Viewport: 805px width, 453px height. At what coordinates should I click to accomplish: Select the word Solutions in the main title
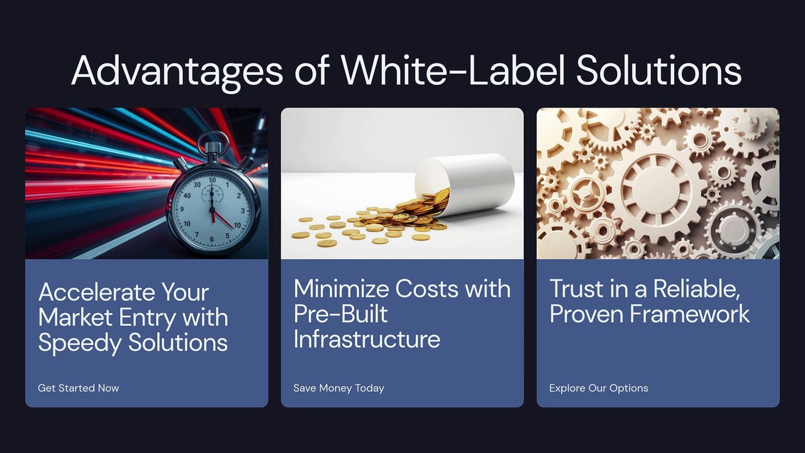pyautogui.click(x=658, y=69)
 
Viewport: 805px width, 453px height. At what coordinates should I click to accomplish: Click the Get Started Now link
pyautogui.click(x=79, y=388)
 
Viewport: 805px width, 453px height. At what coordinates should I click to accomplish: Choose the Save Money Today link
pyautogui.click(x=338, y=388)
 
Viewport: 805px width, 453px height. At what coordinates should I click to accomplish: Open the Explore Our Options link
pyautogui.click(x=599, y=388)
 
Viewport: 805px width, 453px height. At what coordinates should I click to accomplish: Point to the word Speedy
pyautogui.click(x=80, y=343)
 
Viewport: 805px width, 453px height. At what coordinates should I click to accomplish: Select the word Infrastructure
pyautogui.click(x=367, y=338)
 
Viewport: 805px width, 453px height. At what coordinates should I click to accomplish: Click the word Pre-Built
pyautogui.click(x=341, y=314)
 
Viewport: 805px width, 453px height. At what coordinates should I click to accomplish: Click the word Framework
pyautogui.click(x=690, y=314)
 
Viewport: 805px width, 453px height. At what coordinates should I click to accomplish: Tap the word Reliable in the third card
pyautogui.click(x=696, y=289)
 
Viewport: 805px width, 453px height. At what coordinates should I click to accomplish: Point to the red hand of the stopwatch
pyautogui.click(x=223, y=220)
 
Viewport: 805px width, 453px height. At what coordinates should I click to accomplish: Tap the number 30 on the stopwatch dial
pyautogui.click(x=197, y=184)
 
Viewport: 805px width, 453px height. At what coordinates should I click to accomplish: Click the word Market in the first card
pyautogui.click(x=75, y=317)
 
